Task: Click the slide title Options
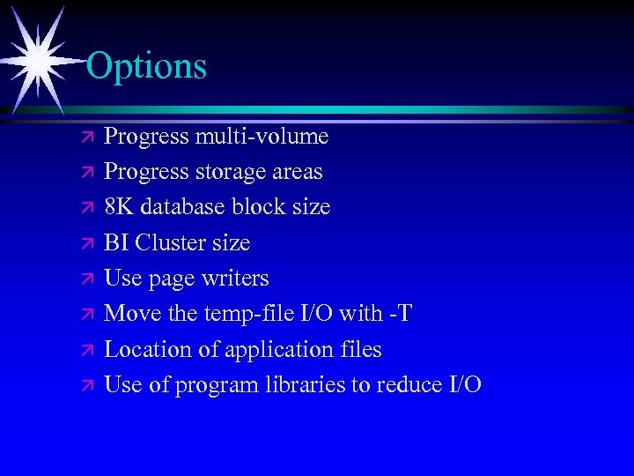click(x=147, y=66)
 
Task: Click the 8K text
click(x=119, y=207)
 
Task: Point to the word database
click(x=183, y=207)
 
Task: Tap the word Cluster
click(x=171, y=242)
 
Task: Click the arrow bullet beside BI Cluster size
click(x=85, y=244)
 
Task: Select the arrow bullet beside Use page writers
click(x=85, y=279)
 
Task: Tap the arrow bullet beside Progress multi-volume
click(x=85, y=138)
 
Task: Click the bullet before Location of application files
click(x=85, y=351)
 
